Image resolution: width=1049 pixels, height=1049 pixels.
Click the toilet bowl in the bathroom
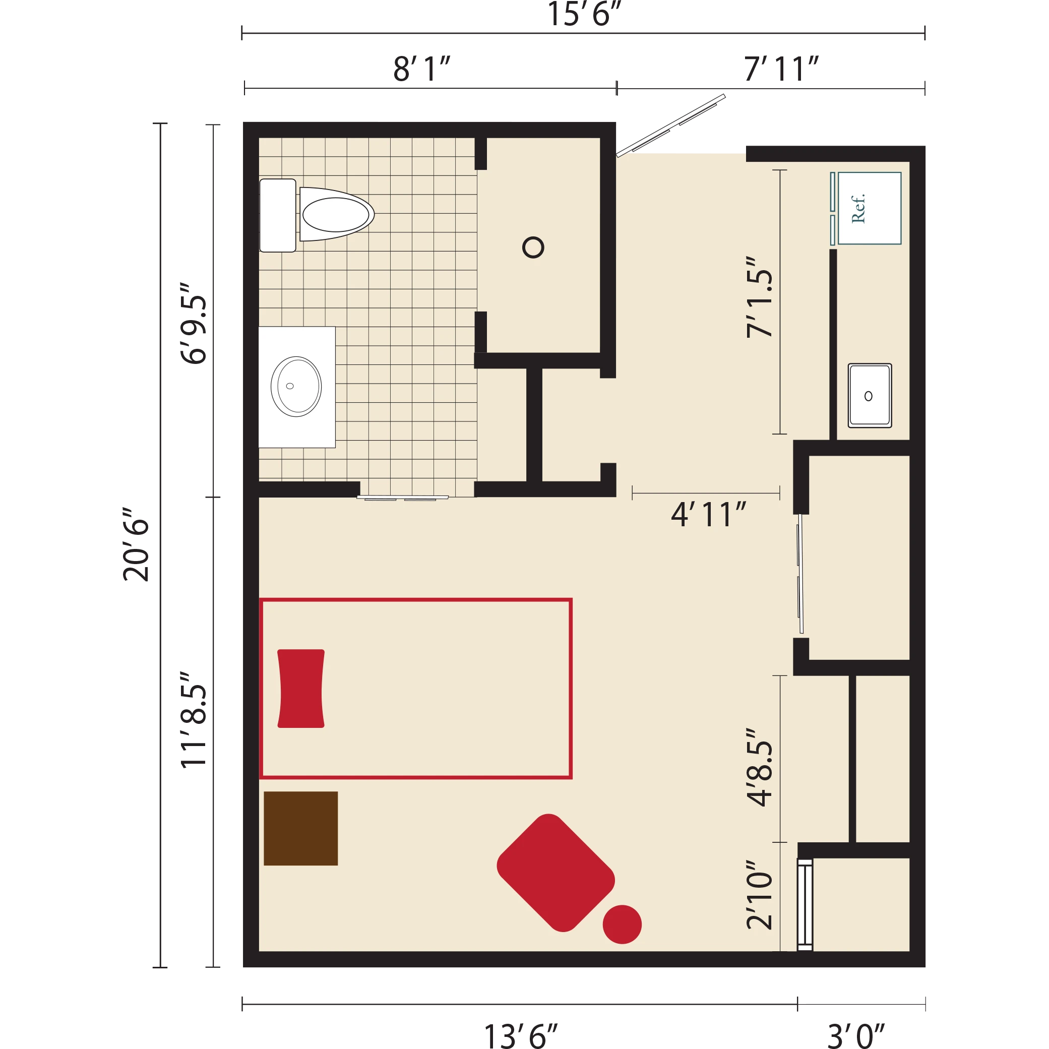tap(337, 214)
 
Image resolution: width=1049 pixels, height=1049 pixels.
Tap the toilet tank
tap(277, 215)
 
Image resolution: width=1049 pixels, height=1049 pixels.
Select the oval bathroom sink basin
tap(296, 387)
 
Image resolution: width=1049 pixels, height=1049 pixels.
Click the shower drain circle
tap(533, 248)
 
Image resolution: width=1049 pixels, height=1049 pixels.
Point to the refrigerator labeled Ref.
tap(869, 209)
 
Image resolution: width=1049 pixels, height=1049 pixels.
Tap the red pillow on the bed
tap(301, 689)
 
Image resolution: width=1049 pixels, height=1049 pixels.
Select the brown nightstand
tap(301, 828)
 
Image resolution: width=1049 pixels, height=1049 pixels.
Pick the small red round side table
tap(622, 924)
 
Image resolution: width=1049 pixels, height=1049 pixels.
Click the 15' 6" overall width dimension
tap(584, 14)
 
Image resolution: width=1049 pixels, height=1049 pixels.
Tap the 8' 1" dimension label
tap(422, 69)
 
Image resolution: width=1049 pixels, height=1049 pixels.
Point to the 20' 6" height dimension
tap(136, 545)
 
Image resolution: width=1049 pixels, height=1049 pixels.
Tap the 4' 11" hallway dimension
tap(709, 514)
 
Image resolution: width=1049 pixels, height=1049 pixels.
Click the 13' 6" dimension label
tap(521, 1036)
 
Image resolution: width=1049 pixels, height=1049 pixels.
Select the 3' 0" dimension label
tap(856, 1036)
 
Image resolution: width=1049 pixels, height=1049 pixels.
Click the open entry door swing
tap(671, 126)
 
